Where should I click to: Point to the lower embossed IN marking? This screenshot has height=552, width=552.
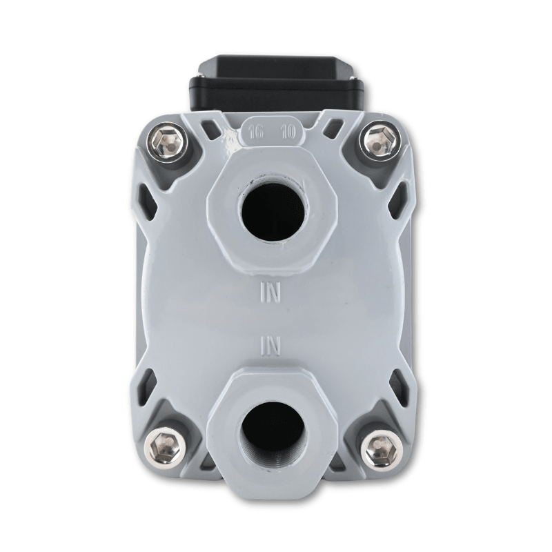pos(270,346)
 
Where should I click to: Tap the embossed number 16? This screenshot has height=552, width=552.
pos(256,133)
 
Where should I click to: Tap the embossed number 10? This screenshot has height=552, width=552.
pos(288,133)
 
